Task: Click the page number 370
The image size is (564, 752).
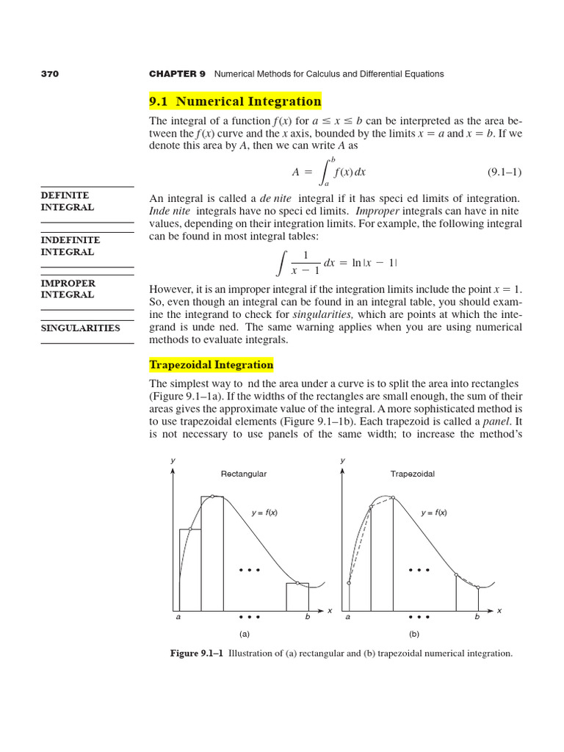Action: point(49,74)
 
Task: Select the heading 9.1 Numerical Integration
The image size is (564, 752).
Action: point(235,101)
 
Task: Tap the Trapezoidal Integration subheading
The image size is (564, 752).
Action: point(211,365)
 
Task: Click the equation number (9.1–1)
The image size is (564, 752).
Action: point(505,172)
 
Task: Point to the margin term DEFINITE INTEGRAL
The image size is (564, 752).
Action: point(67,201)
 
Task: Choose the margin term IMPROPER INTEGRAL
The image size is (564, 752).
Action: point(67,289)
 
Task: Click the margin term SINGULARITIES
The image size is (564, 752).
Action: point(80,328)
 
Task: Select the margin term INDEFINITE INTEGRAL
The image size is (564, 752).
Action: point(70,246)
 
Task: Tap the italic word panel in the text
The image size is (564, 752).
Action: point(496,422)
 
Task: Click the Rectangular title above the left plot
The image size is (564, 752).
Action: point(244,474)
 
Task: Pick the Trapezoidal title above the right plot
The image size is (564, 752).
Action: point(412,474)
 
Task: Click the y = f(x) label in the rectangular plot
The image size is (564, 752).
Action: point(264,513)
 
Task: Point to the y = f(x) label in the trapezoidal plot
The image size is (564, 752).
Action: point(433,513)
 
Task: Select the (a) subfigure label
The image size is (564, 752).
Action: point(244,633)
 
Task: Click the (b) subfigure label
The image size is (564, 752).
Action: point(413,633)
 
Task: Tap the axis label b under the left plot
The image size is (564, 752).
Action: point(308,618)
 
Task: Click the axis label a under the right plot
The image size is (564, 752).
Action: point(348,618)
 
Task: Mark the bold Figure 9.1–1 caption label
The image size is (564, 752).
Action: point(197,653)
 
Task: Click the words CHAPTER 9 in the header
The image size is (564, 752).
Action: point(177,74)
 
